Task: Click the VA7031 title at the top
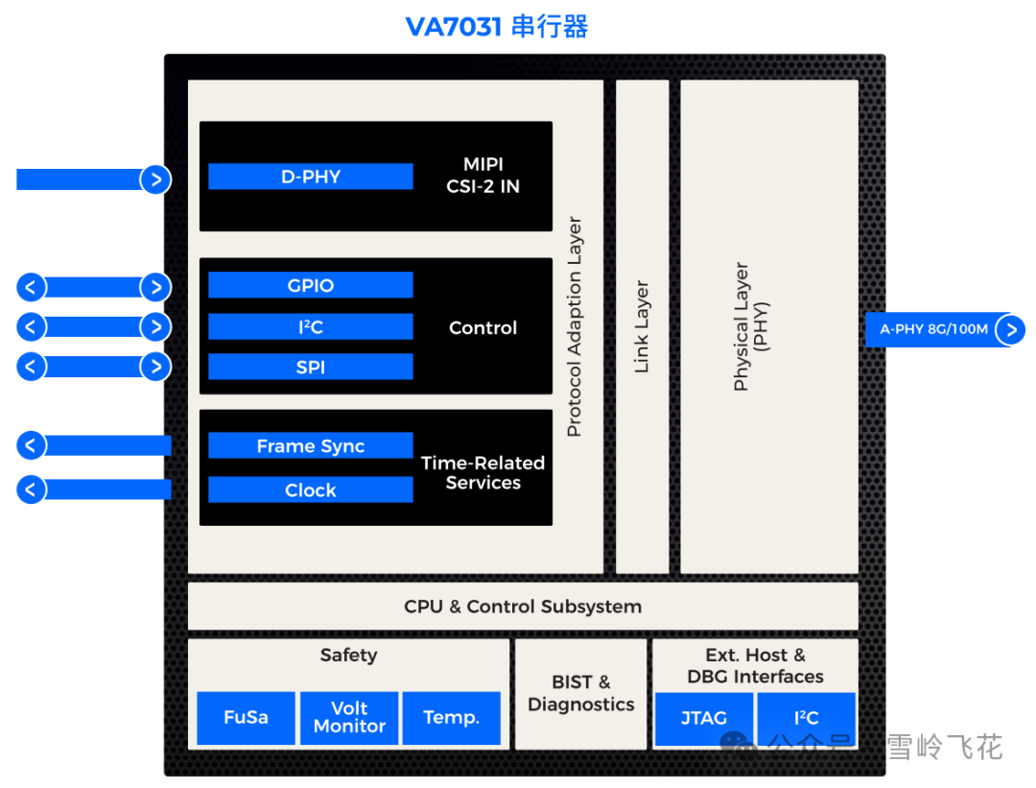pos(496,26)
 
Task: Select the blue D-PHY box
pos(311,177)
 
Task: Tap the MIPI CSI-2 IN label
pos(483,176)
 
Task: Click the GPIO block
pos(311,285)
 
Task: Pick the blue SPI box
pos(311,367)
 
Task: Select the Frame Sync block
pos(311,446)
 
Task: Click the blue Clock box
pos(311,490)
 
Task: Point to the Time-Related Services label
pos(483,472)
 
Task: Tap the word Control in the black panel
pos(483,328)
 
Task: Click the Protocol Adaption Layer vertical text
pos(575,327)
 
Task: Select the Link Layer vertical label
pos(642,326)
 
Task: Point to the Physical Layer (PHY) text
pos(750,326)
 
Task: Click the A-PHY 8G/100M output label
pos(933,329)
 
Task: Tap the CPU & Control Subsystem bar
pos(523,607)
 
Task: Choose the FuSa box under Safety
pos(246,718)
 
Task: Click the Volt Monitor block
pos(349,718)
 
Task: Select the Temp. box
pos(451,718)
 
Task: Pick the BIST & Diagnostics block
pos(580,693)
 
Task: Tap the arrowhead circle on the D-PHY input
pos(155,179)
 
